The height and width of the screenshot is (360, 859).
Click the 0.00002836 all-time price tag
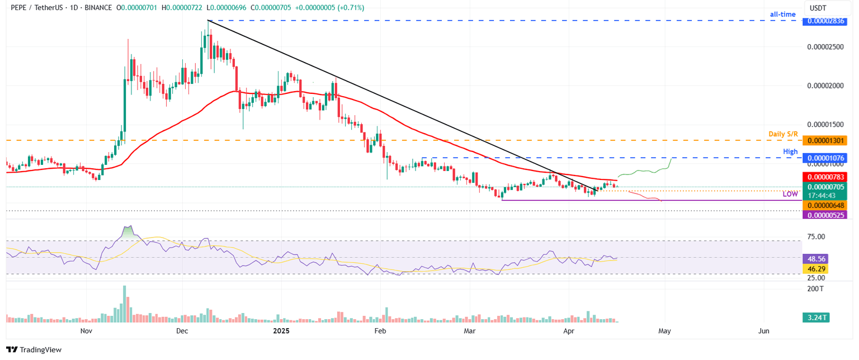coord(824,21)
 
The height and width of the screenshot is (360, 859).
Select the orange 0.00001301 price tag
coord(824,140)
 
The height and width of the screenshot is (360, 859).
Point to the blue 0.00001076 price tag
coord(824,159)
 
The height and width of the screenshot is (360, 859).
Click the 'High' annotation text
coord(791,151)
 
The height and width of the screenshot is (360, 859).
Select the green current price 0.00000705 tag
coord(824,187)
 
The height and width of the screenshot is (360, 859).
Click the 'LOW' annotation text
coord(790,193)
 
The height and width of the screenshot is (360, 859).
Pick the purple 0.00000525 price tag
coord(824,215)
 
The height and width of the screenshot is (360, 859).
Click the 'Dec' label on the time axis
coord(182,331)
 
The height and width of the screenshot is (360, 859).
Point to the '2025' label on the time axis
coord(280,331)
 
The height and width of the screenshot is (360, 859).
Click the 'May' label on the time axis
coord(664,331)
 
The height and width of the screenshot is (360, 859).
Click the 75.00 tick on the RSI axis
coord(816,236)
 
